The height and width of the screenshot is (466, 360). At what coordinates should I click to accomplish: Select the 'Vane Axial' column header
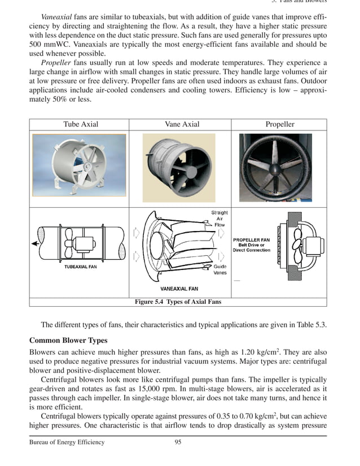click(182, 124)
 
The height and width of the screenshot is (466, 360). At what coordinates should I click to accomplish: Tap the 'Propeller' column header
click(280, 124)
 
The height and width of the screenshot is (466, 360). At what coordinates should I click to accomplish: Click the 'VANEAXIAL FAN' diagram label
click(179, 289)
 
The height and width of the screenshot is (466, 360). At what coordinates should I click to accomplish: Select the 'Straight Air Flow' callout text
click(219, 219)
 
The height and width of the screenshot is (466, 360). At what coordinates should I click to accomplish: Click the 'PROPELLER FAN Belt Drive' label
click(251, 245)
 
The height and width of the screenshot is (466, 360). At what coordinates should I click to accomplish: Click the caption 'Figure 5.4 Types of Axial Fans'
click(178, 302)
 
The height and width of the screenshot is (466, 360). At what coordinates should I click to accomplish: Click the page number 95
click(178, 442)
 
